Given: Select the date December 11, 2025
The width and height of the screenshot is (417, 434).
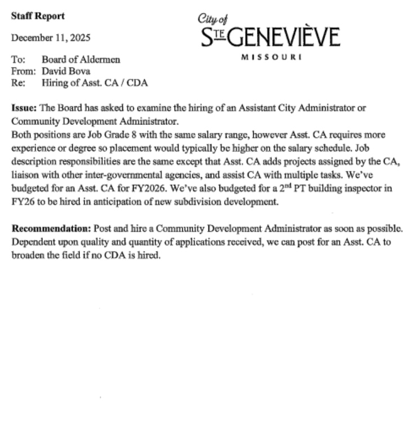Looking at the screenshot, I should point(50,38).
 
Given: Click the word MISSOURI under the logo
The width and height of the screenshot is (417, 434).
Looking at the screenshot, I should point(270,57).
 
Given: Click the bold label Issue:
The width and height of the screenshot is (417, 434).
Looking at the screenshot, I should point(24,107).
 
